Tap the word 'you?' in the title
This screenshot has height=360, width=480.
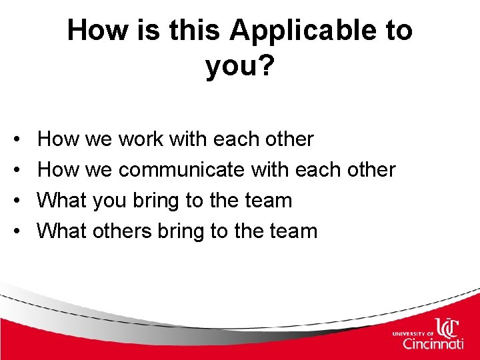[x=240, y=66]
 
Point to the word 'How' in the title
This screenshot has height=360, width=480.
[x=91, y=31]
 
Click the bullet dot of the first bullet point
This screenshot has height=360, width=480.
[x=15, y=140]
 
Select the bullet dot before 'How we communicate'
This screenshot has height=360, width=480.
[x=15, y=171]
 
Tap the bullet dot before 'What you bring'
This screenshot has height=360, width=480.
[x=15, y=201]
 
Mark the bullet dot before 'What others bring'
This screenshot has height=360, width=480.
[x=15, y=232]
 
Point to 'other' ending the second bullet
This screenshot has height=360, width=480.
[x=369, y=170]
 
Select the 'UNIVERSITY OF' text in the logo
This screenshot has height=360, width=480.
[x=413, y=332]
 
